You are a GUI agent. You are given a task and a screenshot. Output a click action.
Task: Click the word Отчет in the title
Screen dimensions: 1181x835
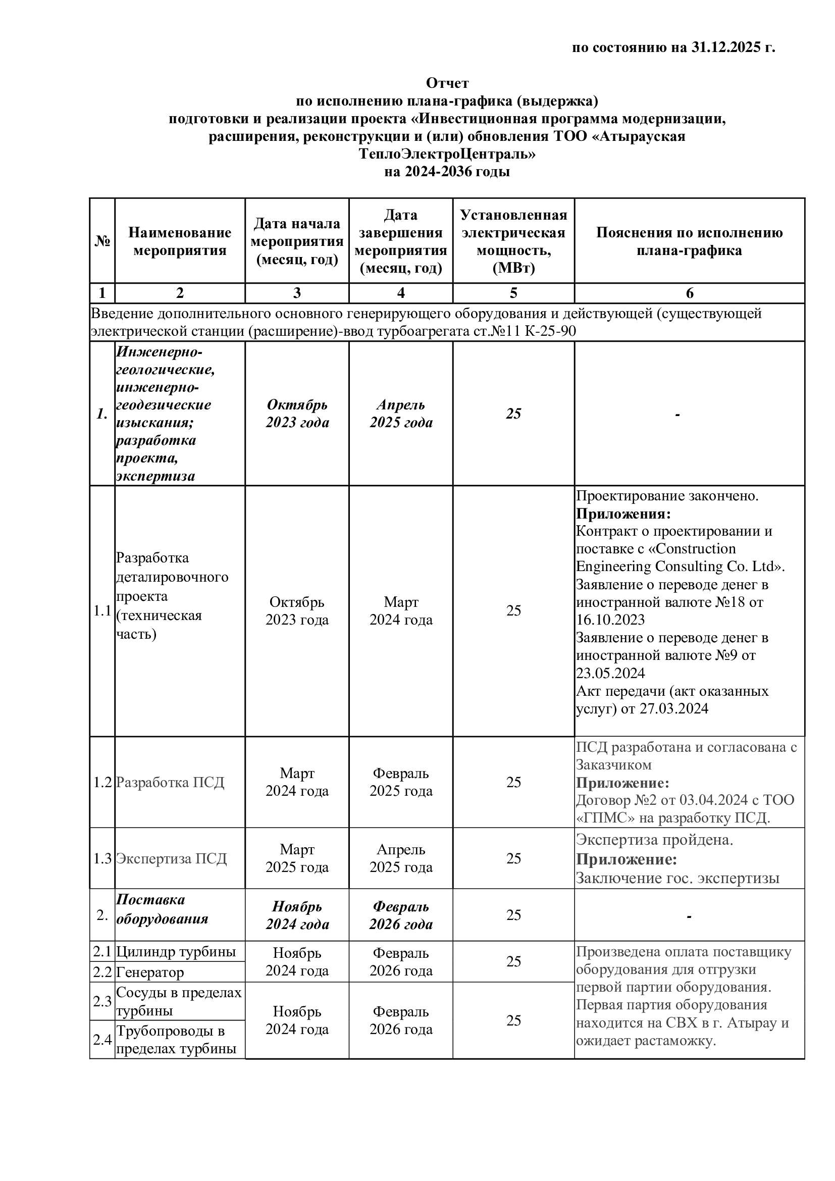(447, 83)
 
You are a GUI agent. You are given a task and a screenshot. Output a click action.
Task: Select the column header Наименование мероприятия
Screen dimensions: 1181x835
(179, 241)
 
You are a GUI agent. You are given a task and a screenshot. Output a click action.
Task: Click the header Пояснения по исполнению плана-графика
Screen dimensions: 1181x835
(689, 241)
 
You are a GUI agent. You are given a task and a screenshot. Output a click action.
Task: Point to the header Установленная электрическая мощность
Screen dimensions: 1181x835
(513, 241)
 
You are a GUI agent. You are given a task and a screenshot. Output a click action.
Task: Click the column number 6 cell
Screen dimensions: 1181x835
(689, 293)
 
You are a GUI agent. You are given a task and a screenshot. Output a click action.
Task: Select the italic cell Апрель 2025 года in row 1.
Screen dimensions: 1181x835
(401, 414)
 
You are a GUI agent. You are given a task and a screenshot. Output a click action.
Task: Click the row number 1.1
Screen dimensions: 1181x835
(102, 610)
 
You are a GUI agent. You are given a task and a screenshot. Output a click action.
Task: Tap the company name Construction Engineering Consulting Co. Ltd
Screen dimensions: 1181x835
(680, 557)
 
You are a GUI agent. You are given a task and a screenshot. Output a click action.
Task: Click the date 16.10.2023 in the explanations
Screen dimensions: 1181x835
(610, 620)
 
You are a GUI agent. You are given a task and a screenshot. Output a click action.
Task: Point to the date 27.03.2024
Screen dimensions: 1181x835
(673, 709)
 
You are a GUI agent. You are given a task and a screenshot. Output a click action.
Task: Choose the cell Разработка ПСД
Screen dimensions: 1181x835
(170, 782)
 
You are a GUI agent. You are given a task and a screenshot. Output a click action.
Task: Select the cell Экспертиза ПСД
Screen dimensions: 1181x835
(171, 858)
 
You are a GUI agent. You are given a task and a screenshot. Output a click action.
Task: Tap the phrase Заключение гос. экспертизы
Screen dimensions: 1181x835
(677, 878)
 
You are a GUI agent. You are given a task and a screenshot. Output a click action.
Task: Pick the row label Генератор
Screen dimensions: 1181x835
(149, 972)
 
